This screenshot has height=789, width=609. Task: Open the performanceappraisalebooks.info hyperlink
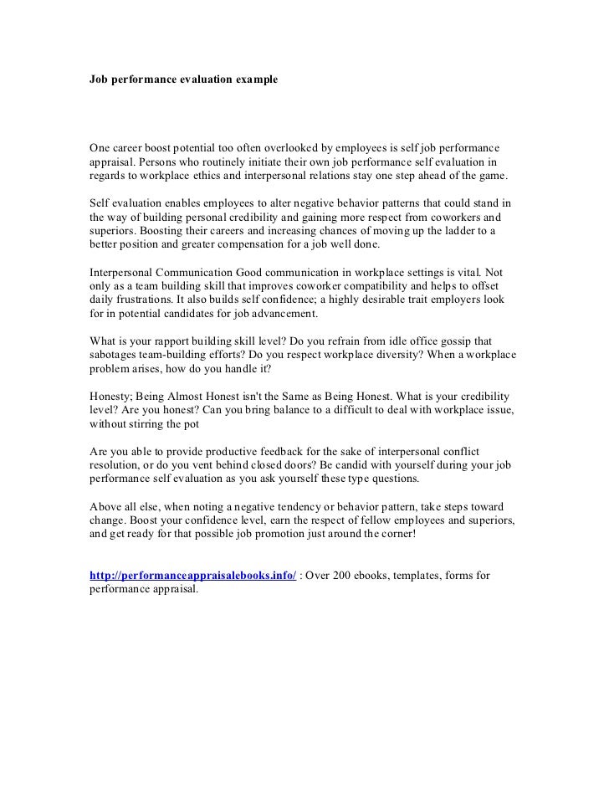pos(192,575)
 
